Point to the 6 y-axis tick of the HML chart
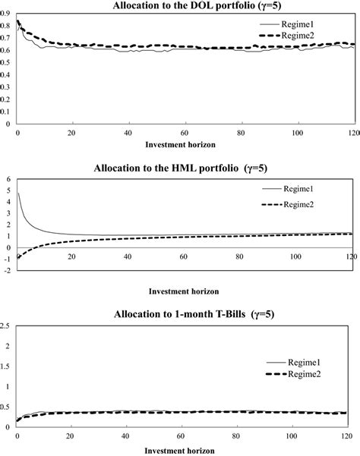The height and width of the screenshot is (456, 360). [x=8, y=180]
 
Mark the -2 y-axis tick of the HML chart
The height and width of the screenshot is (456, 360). [x=6, y=271]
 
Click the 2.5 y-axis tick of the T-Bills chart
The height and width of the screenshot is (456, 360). [x=7, y=326]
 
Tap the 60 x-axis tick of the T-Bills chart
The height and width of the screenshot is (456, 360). [x=183, y=438]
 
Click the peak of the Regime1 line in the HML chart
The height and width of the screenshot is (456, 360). [x=18, y=193]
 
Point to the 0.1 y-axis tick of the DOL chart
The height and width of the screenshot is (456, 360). [x=7, y=112]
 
